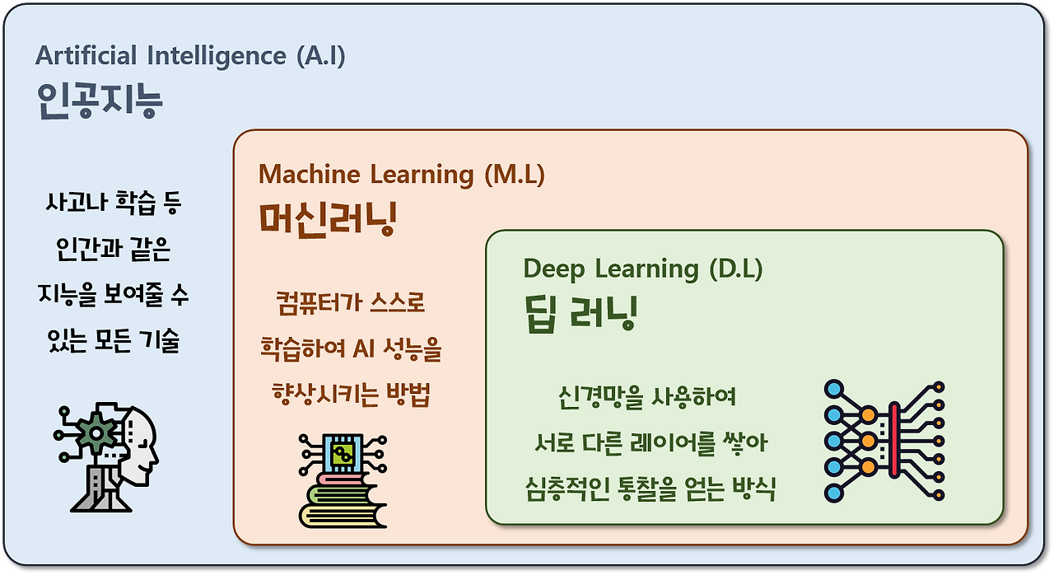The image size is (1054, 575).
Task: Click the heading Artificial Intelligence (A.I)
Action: click(x=190, y=56)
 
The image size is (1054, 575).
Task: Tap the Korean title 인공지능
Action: click(x=100, y=101)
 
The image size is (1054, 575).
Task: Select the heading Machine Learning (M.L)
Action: click(x=401, y=175)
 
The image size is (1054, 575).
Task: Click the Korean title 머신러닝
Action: click(x=328, y=219)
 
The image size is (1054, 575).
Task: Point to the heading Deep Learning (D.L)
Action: click(x=643, y=269)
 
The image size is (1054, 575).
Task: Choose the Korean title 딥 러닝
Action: click(x=581, y=314)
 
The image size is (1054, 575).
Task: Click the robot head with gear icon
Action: click(x=106, y=456)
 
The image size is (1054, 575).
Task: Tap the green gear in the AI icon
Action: click(x=96, y=432)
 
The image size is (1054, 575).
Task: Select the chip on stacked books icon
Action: click(x=343, y=480)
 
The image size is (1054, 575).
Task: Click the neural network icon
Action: click(x=884, y=441)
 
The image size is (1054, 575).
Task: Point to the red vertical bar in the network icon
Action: click(x=894, y=440)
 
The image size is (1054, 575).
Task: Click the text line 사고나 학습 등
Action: click(x=114, y=203)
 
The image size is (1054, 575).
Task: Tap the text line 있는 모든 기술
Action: click(x=114, y=341)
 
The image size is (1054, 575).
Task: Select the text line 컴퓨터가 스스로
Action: click(x=351, y=302)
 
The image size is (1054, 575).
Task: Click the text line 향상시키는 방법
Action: click(x=351, y=395)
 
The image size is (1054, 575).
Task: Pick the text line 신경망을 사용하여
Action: click(x=647, y=397)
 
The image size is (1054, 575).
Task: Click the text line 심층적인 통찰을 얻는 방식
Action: click(x=651, y=489)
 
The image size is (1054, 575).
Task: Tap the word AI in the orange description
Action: click(x=364, y=348)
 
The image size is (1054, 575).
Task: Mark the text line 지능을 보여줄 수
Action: click(x=114, y=295)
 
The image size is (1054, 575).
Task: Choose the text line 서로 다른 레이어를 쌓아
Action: click(x=651, y=442)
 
